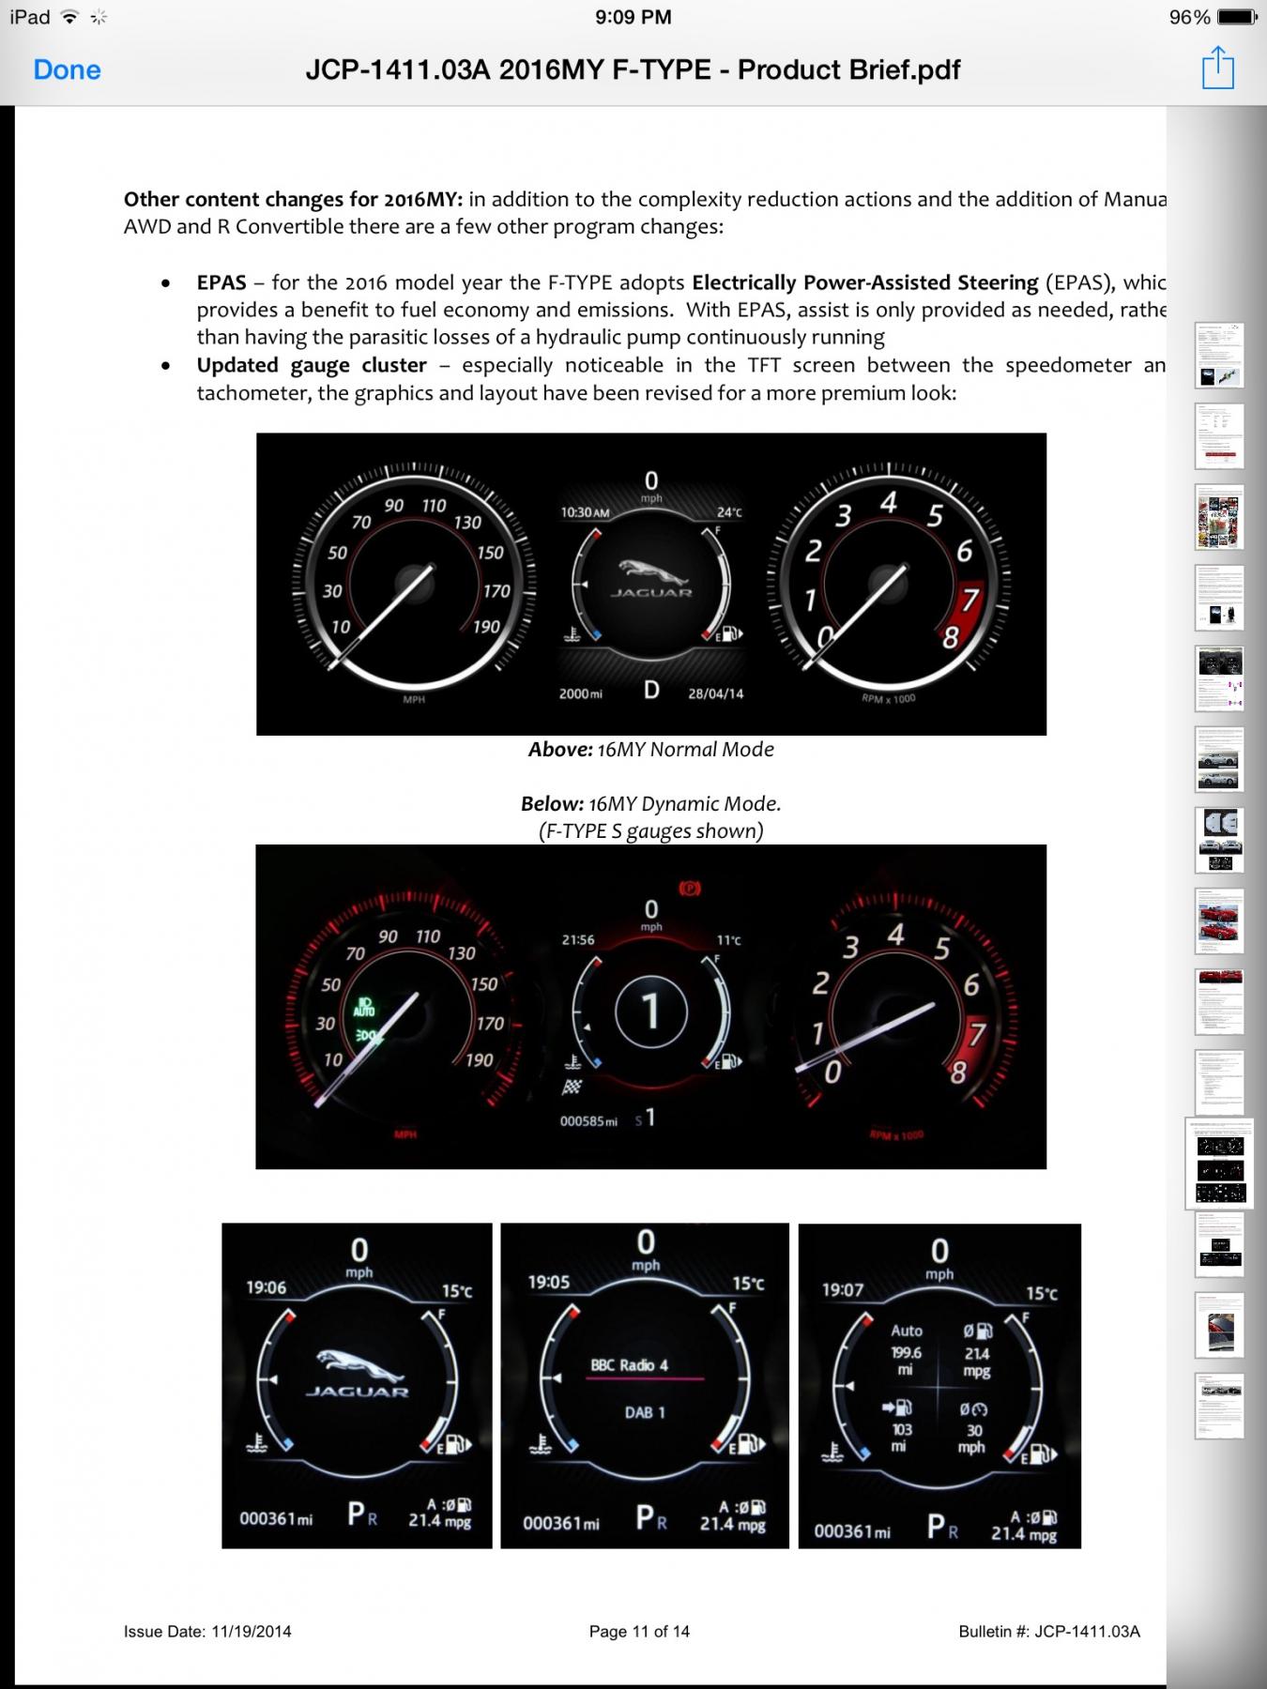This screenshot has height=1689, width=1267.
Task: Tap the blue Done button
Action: tap(67, 69)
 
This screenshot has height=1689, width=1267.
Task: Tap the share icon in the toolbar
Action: tap(1217, 68)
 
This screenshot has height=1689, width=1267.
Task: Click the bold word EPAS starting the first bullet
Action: tap(221, 282)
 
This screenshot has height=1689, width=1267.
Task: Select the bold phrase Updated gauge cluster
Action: tap(312, 365)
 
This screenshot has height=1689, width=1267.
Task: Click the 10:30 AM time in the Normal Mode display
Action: tap(585, 512)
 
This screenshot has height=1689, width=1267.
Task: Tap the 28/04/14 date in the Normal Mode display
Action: tap(715, 693)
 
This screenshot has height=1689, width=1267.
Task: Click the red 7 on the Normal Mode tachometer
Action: tap(969, 599)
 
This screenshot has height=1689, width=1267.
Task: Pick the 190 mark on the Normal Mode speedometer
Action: tap(486, 627)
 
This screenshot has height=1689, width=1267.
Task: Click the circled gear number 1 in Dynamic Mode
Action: tap(650, 1012)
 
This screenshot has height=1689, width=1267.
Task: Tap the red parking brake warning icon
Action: tap(690, 888)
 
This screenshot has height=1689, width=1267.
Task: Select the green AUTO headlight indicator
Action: tap(364, 1008)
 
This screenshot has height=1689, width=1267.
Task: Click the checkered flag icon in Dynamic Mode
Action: tap(571, 1088)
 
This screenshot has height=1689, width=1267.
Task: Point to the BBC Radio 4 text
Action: tap(629, 1365)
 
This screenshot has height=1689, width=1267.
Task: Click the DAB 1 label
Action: tap(645, 1412)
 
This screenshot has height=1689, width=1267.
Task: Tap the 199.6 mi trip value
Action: tap(906, 1361)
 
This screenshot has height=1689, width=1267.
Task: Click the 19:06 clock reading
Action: tap(266, 1287)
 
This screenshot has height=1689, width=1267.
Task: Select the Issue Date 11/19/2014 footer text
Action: tap(207, 1631)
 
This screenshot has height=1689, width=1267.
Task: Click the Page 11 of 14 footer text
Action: tap(639, 1631)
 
